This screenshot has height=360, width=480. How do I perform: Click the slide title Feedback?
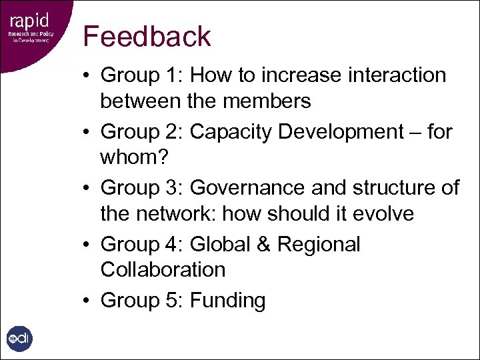click(x=147, y=37)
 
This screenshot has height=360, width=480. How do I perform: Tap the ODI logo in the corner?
click(x=19, y=338)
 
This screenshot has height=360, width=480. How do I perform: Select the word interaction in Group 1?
click(x=397, y=75)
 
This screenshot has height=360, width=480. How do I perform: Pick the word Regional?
click(x=319, y=245)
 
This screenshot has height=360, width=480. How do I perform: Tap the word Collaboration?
click(x=163, y=270)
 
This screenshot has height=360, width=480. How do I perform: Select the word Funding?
click(x=227, y=301)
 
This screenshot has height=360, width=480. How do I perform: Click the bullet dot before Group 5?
click(x=88, y=301)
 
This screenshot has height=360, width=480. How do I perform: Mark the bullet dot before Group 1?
click(x=88, y=76)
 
